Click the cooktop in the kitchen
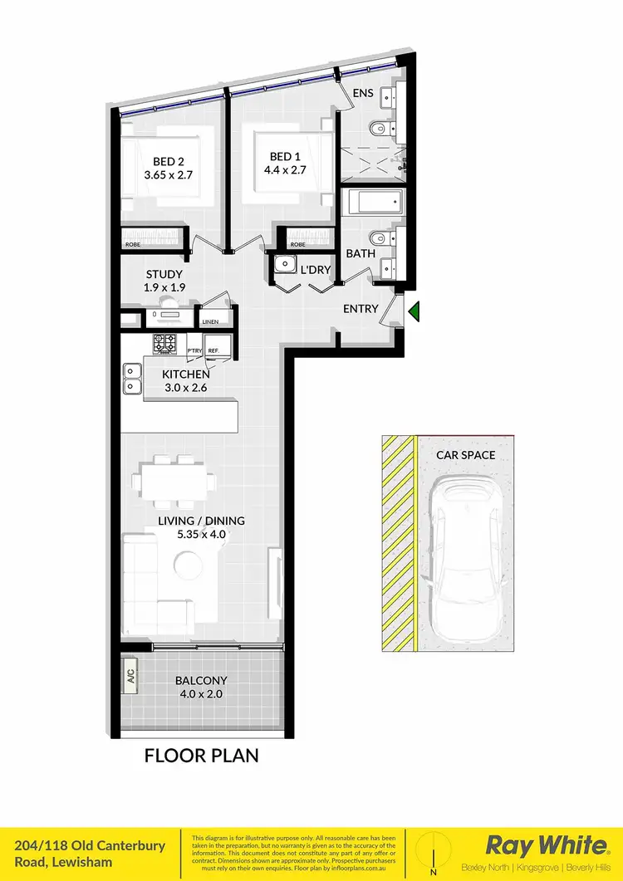pyautogui.click(x=164, y=342)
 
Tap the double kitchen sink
pyautogui.click(x=131, y=379)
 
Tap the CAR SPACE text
pyautogui.click(x=465, y=455)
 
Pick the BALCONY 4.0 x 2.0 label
pyautogui.click(x=200, y=688)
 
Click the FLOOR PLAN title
pyautogui.click(x=202, y=756)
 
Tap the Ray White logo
pyautogui.click(x=546, y=846)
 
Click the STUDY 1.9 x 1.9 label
pyautogui.click(x=164, y=281)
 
